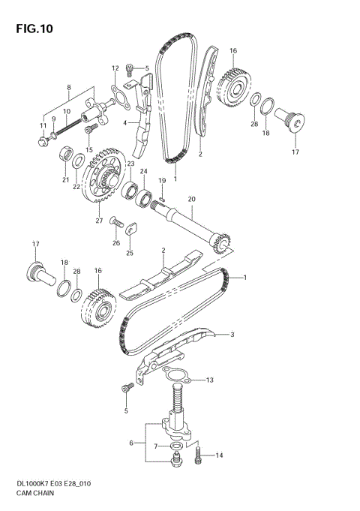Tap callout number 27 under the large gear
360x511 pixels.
tap(99, 221)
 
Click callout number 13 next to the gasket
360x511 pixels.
tap(210, 380)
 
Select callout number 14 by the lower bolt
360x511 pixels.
tap(220, 455)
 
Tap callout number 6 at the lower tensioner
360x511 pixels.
tap(131, 443)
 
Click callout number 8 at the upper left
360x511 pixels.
tap(69, 88)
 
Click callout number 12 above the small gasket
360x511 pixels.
tap(115, 68)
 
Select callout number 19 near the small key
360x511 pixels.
tap(161, 181)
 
